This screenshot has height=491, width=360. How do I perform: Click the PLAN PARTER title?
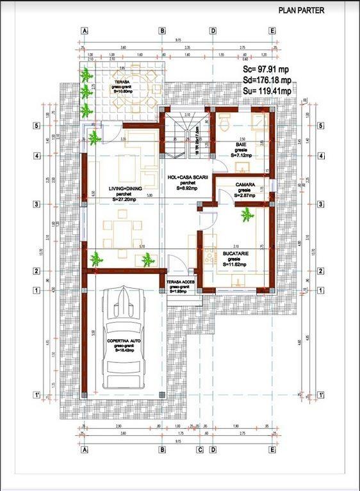(x=301, y=11)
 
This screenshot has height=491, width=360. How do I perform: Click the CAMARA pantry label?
(x=245, y=184)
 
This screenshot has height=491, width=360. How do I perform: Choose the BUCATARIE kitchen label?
(x=235, y=254)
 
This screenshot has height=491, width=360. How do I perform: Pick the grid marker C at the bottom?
(x=200, y=449)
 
